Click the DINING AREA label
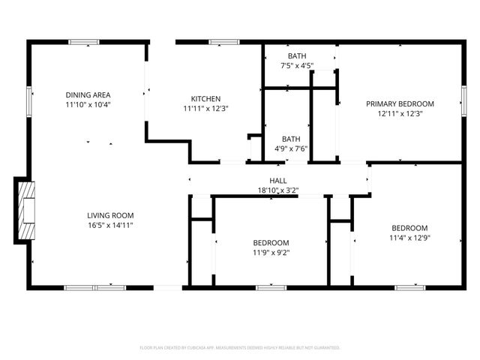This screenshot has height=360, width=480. coord(88,94)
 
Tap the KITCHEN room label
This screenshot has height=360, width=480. coord(205,99)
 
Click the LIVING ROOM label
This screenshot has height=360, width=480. coord(110,215)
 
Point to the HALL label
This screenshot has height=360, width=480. coord(278,181)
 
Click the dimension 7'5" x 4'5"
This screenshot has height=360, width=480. coord(296,66)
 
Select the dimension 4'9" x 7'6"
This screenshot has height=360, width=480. coord(291,148)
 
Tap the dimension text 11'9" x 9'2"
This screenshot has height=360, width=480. coord(271,253)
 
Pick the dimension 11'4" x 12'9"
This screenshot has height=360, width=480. coord(409,238)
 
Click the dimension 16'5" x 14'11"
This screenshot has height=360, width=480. coord(110,225)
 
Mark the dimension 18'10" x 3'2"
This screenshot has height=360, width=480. coord(278,190)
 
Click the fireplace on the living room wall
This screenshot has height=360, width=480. coord(25,211)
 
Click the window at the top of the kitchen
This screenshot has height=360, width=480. coord(220,42)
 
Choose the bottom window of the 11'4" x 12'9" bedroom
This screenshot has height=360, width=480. coord(410,287)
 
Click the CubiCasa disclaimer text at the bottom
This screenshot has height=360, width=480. coord(240,348)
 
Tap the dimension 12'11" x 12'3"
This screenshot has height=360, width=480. coord(400,113)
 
